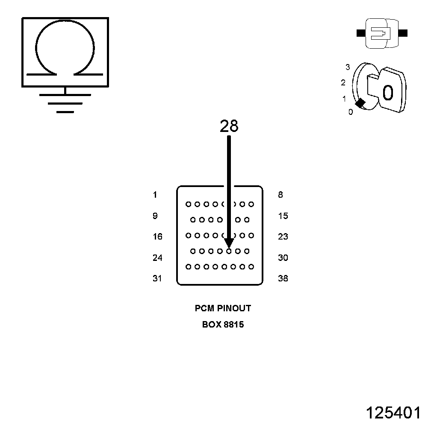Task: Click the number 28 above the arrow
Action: coord(229,126)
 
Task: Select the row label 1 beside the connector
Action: coord(155,195)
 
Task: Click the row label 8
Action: coord(280,195)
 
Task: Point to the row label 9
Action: coord(155,216)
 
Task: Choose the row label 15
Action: coord(283,216)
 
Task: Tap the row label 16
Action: coord(157,237)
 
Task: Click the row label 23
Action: coord(283,237)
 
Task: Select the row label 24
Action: coord(157,258)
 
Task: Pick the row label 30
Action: coord(283,258)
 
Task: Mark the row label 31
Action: coord(157,279)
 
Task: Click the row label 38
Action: coord(283,279)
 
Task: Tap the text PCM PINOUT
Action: coord(223,308)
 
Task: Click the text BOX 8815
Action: coord(223,325)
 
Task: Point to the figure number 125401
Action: coord(393,413)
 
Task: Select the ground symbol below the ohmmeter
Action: coord(65,103)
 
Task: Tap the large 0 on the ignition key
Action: coord(387,93)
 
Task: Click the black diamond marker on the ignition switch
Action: coord(360,103)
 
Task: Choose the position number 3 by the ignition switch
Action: coord(348,67)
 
